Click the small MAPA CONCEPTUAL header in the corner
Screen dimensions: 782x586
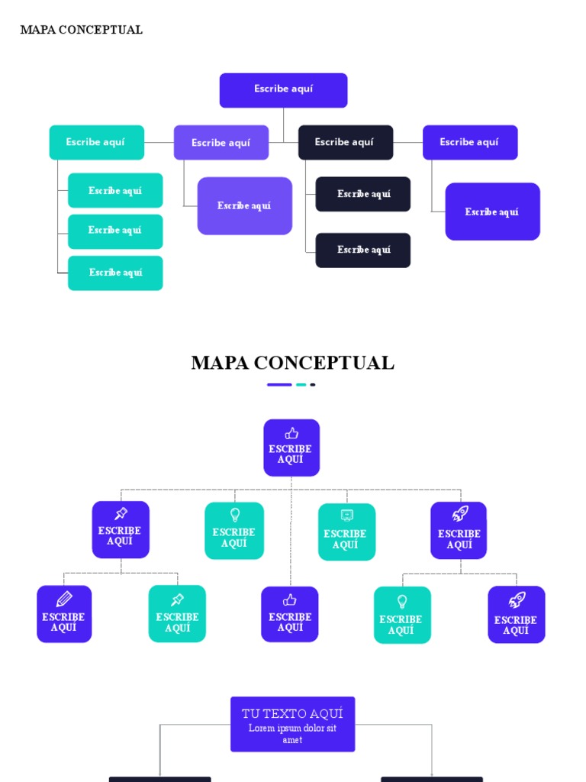tap(81, 30)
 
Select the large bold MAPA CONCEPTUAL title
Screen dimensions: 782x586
tap(292, 363)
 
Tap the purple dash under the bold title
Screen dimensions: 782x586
tap(279, 385)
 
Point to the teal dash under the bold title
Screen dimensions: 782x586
tap(301, 385)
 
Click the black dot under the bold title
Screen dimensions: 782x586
tap(313, 385)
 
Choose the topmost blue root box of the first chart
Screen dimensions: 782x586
tap(283, 89)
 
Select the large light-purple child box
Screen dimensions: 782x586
tap(244, 205)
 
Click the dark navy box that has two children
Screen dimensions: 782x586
tap(345, 142)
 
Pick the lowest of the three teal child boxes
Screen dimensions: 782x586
tap(115, 273)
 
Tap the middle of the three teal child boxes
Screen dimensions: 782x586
tap(115, 231)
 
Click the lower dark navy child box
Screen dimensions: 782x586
tap(363, 250)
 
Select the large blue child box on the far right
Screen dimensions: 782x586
tap(492, 212)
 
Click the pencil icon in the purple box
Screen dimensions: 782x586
tap(64, 599)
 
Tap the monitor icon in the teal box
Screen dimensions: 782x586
tap(347, 515)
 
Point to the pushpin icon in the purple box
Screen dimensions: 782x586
tap(121, 514)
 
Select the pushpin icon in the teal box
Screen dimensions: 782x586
tap(178, 599)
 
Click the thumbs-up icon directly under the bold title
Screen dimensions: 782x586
tap(291, 434)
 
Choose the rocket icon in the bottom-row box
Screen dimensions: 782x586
tap(517, 600)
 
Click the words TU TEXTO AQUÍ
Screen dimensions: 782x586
tap(292, 713)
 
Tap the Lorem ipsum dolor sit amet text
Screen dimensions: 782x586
tap(292, 734)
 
